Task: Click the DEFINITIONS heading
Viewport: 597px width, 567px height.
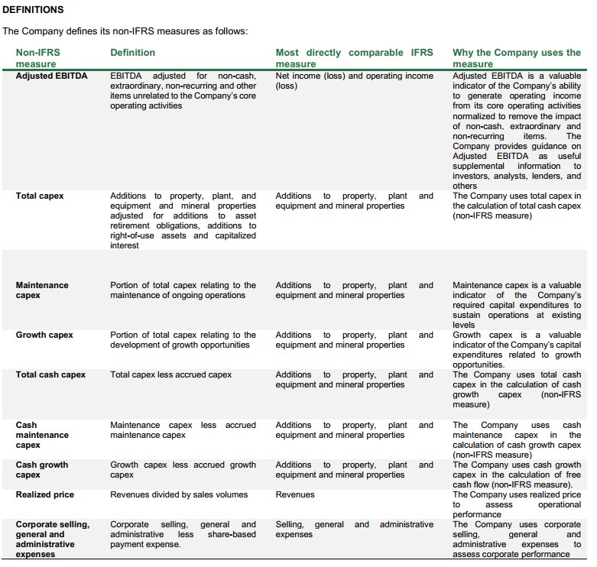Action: click(x=34, y=10)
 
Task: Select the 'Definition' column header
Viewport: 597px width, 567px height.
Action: click(x=132, y=53)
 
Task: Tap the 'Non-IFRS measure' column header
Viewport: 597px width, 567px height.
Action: click(x=37, y=58)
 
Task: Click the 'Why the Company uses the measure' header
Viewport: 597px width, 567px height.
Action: click(x=516, y=58)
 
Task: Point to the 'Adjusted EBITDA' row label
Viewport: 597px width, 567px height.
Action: click(x=52, y=76)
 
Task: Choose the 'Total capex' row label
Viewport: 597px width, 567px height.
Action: click(x=40, y=196)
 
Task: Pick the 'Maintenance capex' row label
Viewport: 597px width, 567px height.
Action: click(x=42, y=290)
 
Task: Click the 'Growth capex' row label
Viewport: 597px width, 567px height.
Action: click(x=45, y=335)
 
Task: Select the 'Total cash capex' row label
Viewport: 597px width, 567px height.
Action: click(x=50, y=375)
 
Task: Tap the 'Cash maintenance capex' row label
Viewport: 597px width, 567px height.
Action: click(x=42, y=435)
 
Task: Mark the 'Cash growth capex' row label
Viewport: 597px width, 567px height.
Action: click(x=42, y=470)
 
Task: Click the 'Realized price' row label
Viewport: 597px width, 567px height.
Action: click(x=45, y=495)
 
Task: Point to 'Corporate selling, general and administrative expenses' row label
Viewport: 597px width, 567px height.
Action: click(x=52, y=539)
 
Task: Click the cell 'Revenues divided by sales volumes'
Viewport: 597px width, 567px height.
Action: click(x=179, y=495)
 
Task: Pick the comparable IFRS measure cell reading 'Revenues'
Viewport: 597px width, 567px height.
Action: click(x=295, y=495)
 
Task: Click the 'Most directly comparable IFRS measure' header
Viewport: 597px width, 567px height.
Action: click(x=354, y=58)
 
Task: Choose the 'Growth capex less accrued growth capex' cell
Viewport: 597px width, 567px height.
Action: click(x=183, y=470)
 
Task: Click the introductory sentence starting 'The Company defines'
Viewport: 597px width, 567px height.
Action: click(x=125, y=31)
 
